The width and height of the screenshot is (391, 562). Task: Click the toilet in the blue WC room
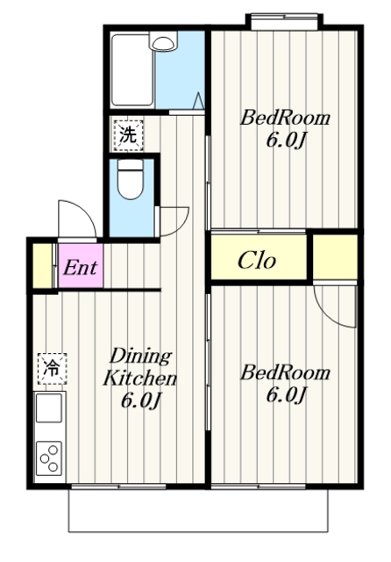point(131,179)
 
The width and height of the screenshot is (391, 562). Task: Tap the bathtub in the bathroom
point(132,69)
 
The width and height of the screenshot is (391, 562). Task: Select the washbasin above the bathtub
point(163,41)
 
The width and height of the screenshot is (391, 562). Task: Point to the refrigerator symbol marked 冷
point(52,369)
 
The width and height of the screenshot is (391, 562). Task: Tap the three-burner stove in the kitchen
point(49,458)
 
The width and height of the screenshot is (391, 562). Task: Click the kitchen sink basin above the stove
point(49,407)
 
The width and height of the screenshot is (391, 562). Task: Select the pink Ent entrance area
point(81,265)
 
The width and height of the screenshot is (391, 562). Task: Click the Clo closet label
point(257,260)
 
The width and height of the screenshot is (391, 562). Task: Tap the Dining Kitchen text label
point(140,366)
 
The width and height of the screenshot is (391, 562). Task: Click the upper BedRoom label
point(285,118)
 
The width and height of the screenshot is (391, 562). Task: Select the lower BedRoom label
point(285,372)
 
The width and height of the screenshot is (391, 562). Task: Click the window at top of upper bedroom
point(284,22)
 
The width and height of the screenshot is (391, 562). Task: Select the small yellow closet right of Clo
point(335,256)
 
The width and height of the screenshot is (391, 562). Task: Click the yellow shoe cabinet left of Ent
point(43,265)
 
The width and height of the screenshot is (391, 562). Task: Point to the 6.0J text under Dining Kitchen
point(140,400)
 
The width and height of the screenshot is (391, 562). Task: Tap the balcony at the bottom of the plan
point(198,510)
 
